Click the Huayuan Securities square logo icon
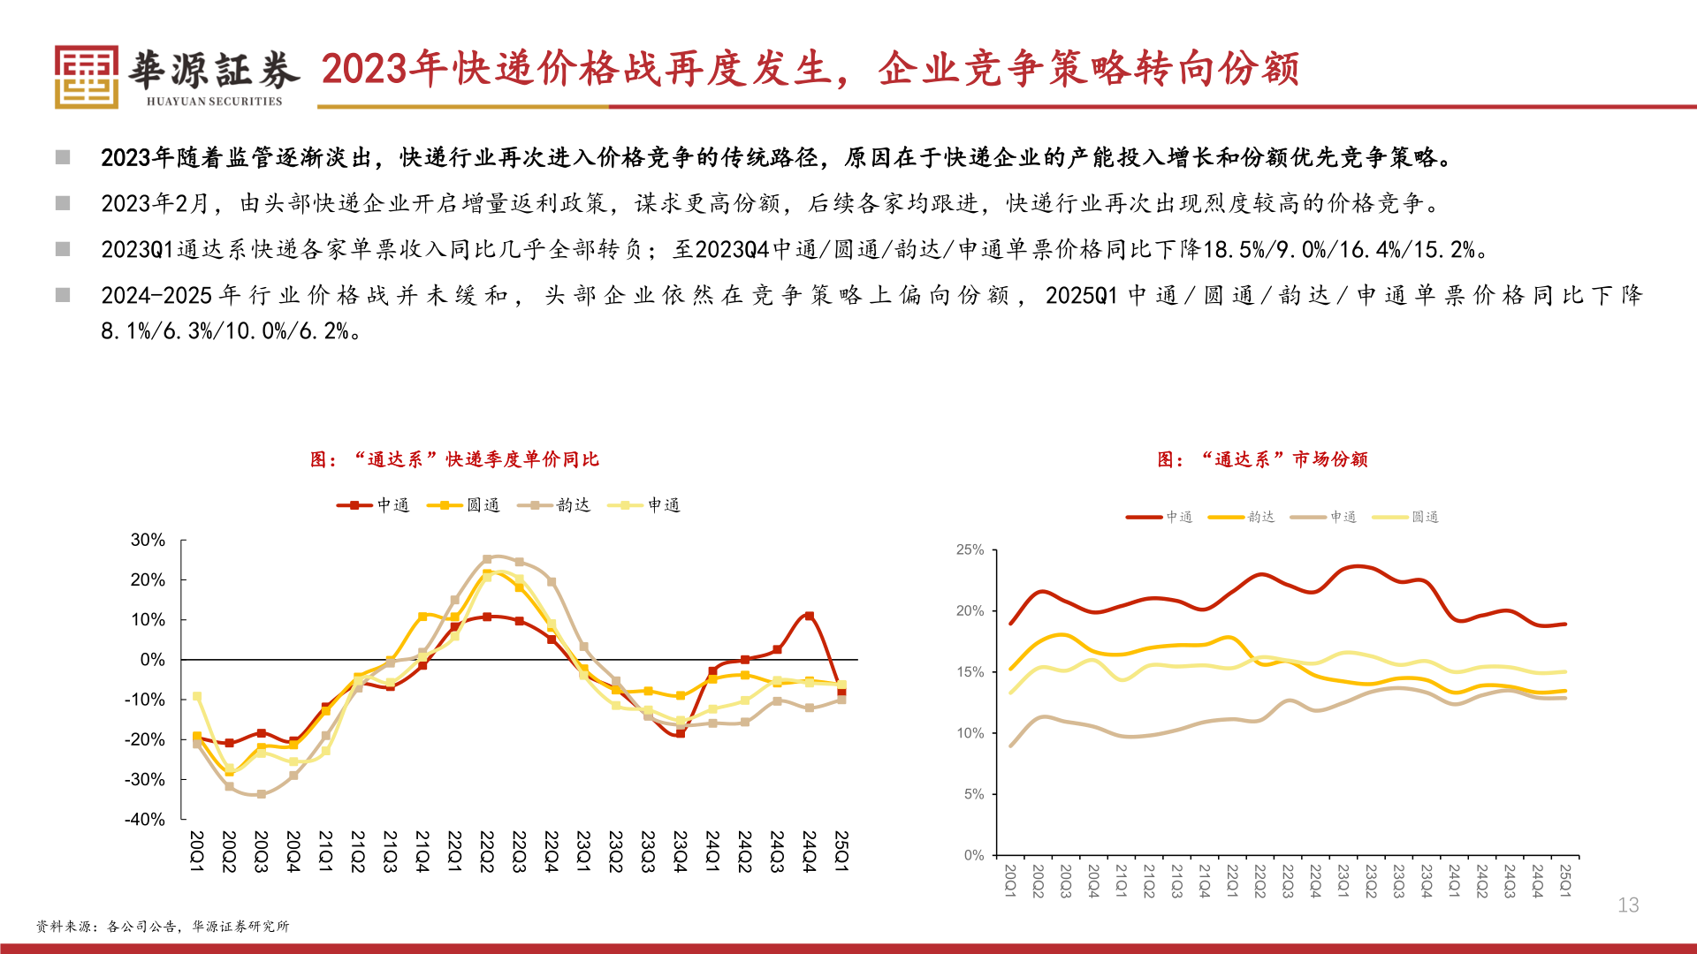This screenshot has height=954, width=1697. click(86, 77)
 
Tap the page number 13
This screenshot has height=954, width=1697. click(1628, 905)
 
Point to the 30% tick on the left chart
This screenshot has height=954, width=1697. click(148, 540)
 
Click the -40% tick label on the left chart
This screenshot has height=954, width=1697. click(145, 819)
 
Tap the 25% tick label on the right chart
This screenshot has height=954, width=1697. click(970, 549)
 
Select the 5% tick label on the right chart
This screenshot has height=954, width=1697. click(973, 794)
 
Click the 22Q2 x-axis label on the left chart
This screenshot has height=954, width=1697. click(486, 852)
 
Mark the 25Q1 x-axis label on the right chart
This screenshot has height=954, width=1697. click(1565, 881)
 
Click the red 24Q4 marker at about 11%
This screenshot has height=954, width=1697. click(809, 616)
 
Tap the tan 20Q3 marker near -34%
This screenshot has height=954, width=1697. click(261, 794)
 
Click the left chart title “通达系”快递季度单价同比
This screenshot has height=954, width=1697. click(454, 459)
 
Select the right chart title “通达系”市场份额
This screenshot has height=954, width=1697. click(1262, 459)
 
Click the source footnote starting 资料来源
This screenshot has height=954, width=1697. click(163, 926)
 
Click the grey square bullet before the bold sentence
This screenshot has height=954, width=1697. click(63, 157)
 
